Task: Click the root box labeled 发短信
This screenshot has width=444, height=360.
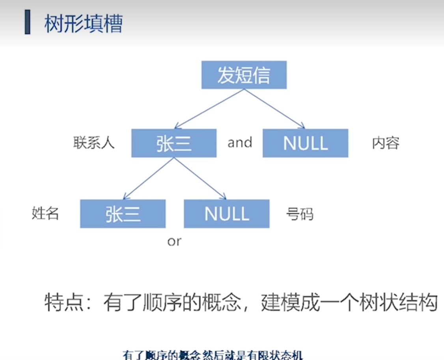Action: click(x=244, y=75)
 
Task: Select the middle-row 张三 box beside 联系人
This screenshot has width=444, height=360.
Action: click(x=174, y=143)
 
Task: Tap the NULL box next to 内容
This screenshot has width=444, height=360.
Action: click(x=305, y=143)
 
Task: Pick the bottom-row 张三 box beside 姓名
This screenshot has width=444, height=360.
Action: click(x=123, y=214)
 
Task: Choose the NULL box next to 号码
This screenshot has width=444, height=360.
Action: click(x=227, y=214)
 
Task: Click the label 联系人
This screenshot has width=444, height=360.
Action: click(x=94, y=143)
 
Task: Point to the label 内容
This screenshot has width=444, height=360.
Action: click(x=386, y=143)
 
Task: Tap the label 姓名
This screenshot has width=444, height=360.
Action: click(x=45, y=213)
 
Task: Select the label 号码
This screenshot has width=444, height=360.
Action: click(x=300, y=214)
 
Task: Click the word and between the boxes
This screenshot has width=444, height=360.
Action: click(x=240, y=142)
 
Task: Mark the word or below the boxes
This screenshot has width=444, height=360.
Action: click(x=174, y=241)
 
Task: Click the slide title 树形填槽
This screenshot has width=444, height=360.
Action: click(x=84, y=24)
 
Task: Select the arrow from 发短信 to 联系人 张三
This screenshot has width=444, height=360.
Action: click(x=209, y=109)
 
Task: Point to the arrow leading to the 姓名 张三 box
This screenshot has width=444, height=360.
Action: click(x=148, y=178)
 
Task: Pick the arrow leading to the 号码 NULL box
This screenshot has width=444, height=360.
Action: click(x=200, y=178)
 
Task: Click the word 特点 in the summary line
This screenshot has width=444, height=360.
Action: click(x=59, y=303)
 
